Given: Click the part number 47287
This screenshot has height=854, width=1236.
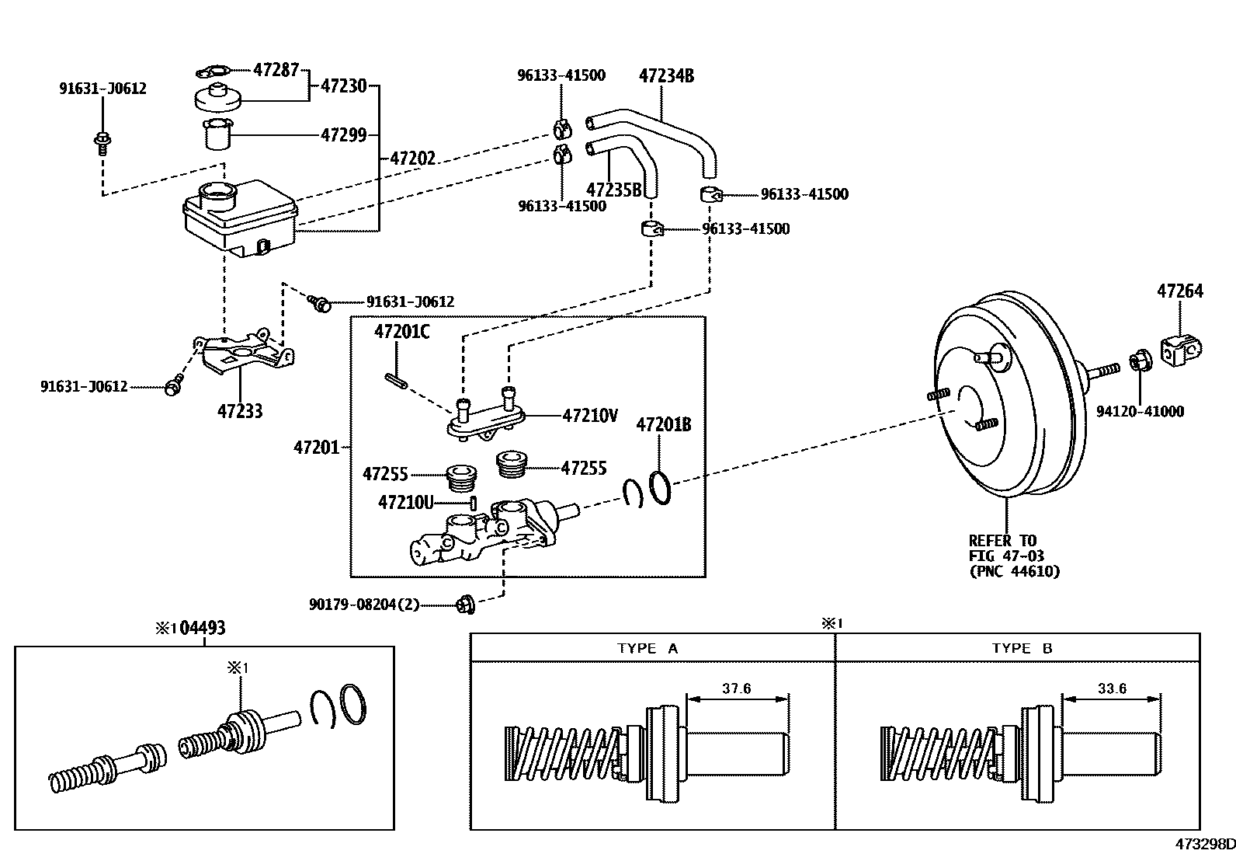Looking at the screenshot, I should pos(276,69).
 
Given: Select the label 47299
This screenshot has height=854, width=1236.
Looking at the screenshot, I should pos(343,134).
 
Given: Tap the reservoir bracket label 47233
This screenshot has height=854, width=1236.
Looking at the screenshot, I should pos(239,410).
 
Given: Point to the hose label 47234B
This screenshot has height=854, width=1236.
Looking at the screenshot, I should pos(666,75).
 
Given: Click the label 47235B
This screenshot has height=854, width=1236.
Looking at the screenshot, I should pos(614,189).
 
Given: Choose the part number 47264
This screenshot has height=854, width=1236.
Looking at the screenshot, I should pos(1179,291).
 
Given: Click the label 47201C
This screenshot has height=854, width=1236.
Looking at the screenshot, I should pos(401,332).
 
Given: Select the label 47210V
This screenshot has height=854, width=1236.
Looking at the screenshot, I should pos(590,416).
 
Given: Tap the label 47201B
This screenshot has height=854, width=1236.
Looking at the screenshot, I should pos(663,424).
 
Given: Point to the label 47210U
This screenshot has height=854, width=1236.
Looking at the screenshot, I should pos(405,502).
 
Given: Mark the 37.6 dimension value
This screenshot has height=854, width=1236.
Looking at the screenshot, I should pos(736,688).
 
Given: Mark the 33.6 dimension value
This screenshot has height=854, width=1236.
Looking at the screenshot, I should pos(1111,688).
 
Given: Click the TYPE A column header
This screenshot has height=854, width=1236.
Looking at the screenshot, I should pos(648,648).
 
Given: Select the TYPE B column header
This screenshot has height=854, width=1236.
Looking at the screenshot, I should pos(1022,648).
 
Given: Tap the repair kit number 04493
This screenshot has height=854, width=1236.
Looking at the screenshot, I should pos(202,627).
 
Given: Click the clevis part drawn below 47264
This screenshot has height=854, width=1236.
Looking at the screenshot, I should pos(1181,350).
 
